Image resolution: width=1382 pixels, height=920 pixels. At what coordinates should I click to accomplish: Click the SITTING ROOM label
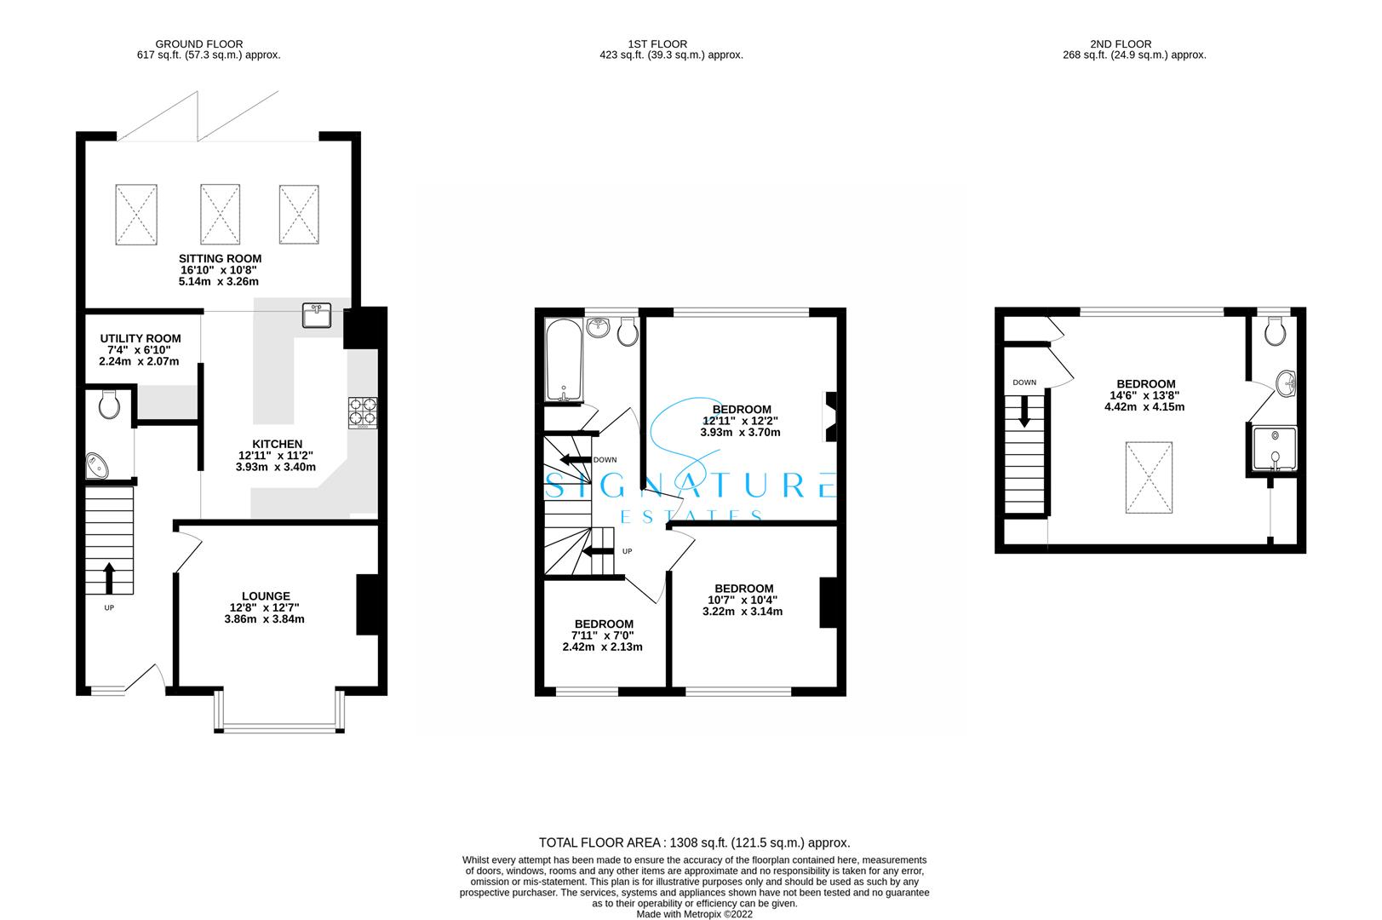click(x=220, y=258)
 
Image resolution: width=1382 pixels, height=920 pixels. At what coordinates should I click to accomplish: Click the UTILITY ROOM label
click(x=140, y=338)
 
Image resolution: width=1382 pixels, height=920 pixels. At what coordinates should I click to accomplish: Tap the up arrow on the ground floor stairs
click(x=109, y=577)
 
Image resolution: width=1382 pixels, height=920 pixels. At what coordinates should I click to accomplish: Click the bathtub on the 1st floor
click(x=563, y=361)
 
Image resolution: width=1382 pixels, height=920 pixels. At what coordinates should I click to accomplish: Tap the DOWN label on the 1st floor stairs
click(x=605, y=460)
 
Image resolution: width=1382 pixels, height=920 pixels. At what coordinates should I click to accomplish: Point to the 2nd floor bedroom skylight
click(x=1149, y=478)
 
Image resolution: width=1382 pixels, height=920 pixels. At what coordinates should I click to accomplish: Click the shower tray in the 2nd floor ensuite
click(x=1275, y=449)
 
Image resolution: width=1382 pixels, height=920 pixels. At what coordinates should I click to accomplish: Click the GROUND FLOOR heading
click(x=198, y=43)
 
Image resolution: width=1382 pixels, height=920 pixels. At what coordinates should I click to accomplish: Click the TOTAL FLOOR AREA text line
click(x=695, y=842)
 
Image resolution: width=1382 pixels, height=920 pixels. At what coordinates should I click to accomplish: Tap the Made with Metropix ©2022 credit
click(x=695, y=914)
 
